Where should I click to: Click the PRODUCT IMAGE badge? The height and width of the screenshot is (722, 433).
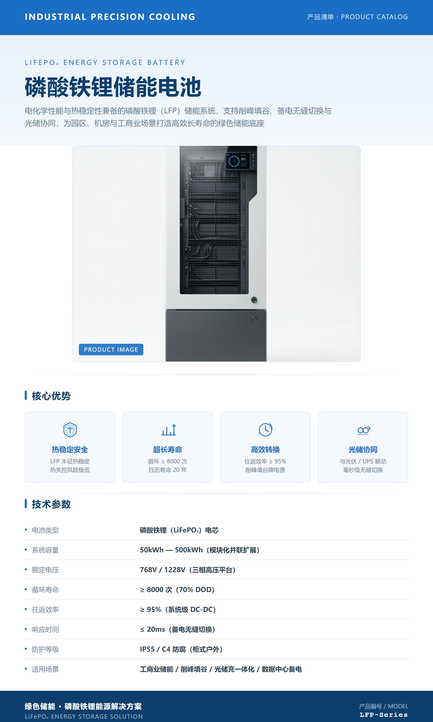111,349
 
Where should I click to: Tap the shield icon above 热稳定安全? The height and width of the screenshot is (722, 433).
70,430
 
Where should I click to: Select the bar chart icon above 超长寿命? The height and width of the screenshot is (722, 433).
169,430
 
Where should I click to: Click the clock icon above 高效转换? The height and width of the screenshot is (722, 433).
265,430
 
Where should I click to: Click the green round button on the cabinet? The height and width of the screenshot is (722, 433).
254,300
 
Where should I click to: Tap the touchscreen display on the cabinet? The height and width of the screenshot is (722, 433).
240,161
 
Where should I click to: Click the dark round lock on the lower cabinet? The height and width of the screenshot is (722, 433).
254,319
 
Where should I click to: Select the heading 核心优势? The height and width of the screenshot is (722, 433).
51,396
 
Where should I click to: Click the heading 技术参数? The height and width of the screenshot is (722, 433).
51,504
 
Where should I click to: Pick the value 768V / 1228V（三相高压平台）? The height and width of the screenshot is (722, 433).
188,570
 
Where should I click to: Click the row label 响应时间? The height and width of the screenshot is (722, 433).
45,629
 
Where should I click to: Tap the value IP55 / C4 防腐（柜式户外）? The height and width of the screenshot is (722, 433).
181,649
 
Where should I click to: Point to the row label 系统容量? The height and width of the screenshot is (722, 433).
45,550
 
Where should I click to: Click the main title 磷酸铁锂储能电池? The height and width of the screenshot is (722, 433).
113,87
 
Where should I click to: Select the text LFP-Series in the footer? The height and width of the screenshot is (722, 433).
384,715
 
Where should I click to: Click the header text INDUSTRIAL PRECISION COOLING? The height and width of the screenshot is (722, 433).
110,17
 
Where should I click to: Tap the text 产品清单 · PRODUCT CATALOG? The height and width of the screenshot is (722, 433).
357,17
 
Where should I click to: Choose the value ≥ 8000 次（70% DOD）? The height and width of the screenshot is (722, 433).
177,589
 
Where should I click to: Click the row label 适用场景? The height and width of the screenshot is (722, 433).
45,669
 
